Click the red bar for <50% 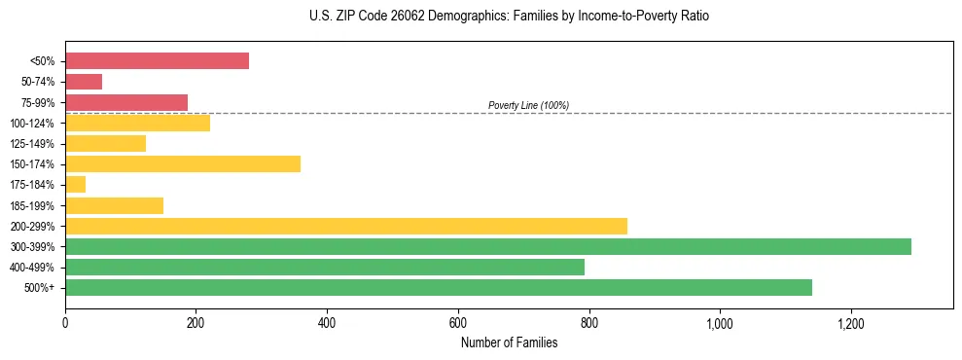(157, 61)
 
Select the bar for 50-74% (84, 82)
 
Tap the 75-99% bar (126, 102)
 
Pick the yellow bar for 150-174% (183, 164)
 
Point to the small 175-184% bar (76, 185)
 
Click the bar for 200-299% (346, 226)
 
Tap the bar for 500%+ (439, 288)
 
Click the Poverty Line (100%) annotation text (528, 105)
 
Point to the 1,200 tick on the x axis (850, 323)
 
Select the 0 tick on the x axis (65, 323)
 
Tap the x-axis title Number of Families (509, 342)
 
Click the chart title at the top (509, 18)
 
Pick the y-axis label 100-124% (34, 124)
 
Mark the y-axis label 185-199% (34, 205)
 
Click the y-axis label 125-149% (34, 144)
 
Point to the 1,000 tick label (720, 323)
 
